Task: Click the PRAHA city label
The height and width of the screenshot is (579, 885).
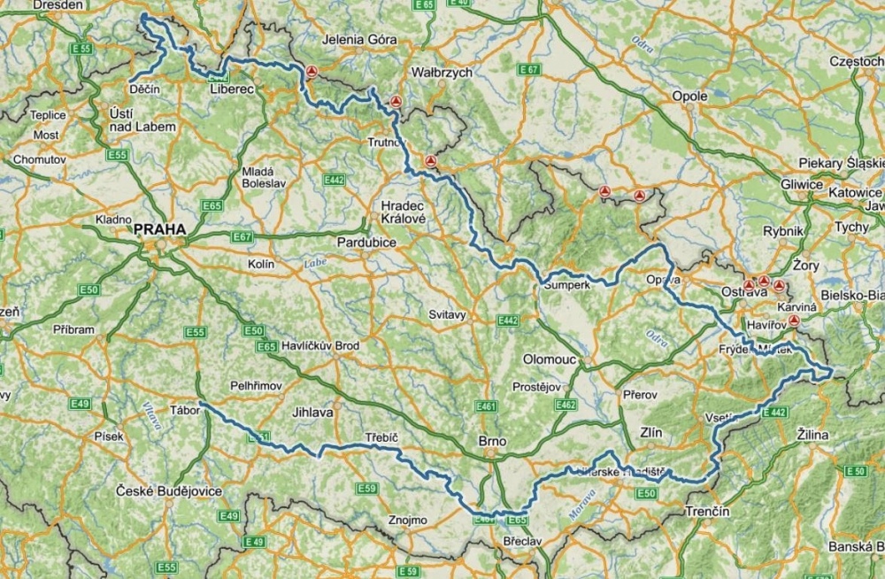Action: coord(160,229)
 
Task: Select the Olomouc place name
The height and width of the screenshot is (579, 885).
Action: coord(550,359)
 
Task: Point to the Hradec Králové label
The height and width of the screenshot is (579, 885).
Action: coord(404,212)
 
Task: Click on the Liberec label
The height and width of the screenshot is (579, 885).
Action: coord(232,90)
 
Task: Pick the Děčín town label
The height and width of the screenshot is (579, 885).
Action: coord(143,90)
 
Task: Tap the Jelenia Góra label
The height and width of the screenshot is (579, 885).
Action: coord(359,40)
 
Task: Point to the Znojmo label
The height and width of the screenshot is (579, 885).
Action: coord(407,520)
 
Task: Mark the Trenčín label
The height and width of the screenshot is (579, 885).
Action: coord(707,512)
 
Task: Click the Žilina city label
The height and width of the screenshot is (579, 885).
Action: coord(812,435)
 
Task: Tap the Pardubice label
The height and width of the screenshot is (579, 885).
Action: coord(366,242)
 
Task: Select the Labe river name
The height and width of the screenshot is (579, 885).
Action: coord(315,262)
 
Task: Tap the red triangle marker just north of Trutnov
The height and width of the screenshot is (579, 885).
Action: coord(397,101)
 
